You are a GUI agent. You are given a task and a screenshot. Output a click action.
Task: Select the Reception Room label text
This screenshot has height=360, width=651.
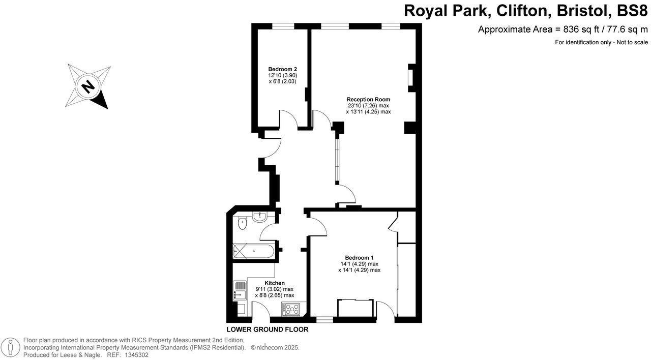point(368,99)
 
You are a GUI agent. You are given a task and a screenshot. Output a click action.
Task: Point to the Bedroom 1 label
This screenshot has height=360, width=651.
point(359,257)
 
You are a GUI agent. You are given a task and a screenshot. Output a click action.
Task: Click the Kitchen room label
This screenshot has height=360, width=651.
point(275,283)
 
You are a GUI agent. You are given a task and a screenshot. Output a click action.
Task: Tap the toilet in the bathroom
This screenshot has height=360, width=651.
point(242,222)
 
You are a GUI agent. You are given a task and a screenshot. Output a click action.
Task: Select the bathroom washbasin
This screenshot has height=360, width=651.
point(260,217)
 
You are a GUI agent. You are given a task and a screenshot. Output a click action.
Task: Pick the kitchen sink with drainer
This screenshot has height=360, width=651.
point(240,290)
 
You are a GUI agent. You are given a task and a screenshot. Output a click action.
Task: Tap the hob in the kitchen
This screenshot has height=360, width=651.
point(292,308)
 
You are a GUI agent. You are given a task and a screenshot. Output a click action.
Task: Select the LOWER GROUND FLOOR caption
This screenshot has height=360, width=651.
point(267,329)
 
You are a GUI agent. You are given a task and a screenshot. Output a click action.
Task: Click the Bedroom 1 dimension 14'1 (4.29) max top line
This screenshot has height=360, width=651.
point(359,264)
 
